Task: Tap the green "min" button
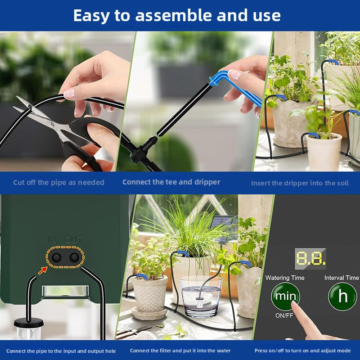coord(285,296)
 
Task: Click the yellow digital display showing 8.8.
coord(310,258)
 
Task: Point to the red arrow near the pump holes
coord(42,271)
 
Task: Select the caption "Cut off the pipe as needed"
coord(59,183)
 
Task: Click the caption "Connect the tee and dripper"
coord(171,182)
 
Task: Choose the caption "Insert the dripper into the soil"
coord(300,183)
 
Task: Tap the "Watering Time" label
coord(285,278)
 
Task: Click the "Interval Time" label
coord(342,278)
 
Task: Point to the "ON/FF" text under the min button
coord(284,316)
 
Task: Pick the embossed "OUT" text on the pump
coord(73,240)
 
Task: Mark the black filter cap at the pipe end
coord(29,323)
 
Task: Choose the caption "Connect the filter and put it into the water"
coord(180,351)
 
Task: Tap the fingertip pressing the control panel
coord(295,305)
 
